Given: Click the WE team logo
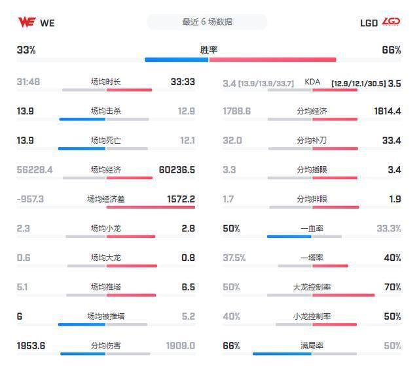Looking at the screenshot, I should pyautogui.click(x=26, y=22).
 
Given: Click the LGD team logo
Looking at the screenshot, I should pyautogui.click(x=392, y=22).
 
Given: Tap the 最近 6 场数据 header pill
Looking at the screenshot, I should pyautogui.click(x=207, y=22).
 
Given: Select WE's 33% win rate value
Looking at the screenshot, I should pyautogui.click(x=26, y=50).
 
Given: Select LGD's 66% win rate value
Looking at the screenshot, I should pyautogui.click(x=391, y=50).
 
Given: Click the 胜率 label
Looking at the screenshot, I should pyautogui.click(x=209, y=50).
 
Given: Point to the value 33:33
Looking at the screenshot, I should pyautogui.click(x=183, y=82).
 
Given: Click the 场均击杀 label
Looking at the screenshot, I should pyautogui.click(x=105, y=111).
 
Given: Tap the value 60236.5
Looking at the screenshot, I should pyautogui.click(x=177, y=170).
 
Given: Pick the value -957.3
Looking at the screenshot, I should pyautogui.click(x=30, y=199).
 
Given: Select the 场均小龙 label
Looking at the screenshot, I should pyautogui.click(x=105, y=229).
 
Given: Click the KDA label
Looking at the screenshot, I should pyautogui.click(x=312, y=82).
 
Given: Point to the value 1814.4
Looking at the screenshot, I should pyautogui.click(x=387, y=111).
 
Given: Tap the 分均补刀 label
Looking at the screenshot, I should pyautogui.click(x=312, y=141).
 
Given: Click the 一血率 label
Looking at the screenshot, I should pyautogui.click(x=312, y=229).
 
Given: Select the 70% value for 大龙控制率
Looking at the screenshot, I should pyautogui.click(x=392, y=287).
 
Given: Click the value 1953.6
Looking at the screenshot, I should pyautogui.click(x=31, y=346).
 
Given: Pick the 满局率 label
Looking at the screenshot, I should pyautogui.click(x=312, y=346).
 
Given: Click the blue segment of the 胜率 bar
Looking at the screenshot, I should pyautogui.click(x=176, y=60).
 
